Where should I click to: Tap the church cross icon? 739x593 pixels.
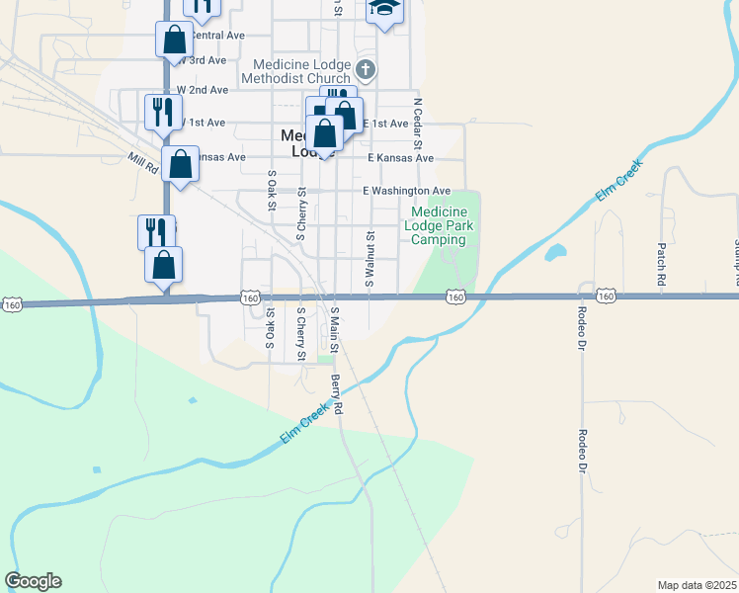coord(366,69)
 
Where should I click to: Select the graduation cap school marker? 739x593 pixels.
coord(383,10)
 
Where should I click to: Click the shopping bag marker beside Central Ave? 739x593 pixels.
coord(174,40)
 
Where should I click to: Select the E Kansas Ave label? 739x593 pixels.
coord(400,158)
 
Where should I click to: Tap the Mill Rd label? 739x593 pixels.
coord(143,164)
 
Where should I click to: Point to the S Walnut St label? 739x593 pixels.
coord(370,259)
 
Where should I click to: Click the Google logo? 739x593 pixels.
coord(33,581)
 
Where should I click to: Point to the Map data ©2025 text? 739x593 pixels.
coord(696,584)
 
